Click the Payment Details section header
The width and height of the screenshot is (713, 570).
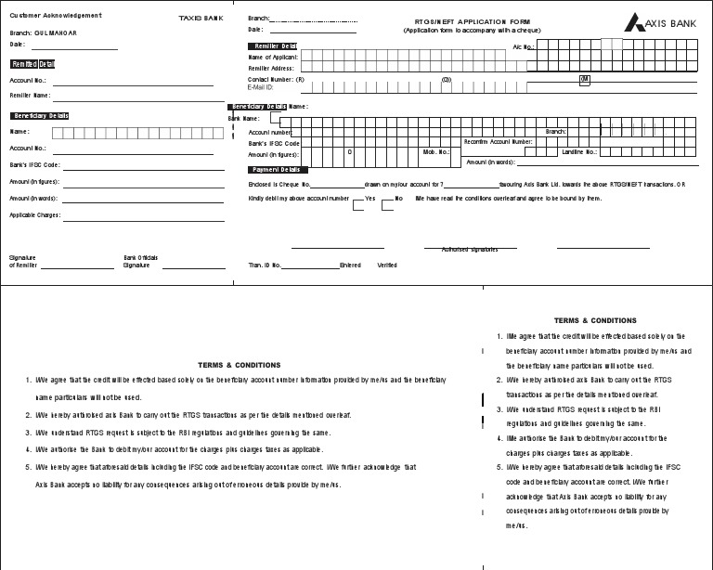[x=277, y=170]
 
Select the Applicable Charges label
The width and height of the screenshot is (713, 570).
[x=34, y=215]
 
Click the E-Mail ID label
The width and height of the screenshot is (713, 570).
[x=261, y=87]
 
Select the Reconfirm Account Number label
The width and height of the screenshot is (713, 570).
[x=498, y=141]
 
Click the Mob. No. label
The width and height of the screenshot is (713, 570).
[x=436, y=151]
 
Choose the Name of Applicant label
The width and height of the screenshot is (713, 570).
[x=273, y=58]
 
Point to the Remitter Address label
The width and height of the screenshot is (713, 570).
[x=271, y=69]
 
